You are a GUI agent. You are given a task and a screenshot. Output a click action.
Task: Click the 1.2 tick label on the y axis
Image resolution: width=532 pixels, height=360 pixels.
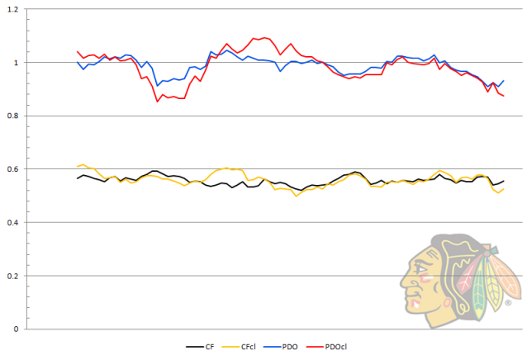coord(17,9)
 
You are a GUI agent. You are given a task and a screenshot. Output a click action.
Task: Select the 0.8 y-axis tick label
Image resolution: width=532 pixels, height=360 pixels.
coord(17,116)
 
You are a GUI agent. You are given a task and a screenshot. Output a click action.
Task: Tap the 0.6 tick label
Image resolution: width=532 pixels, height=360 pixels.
coord(17,169)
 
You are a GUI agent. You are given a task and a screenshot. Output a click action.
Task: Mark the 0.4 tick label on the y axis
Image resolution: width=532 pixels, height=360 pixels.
coord(17,222)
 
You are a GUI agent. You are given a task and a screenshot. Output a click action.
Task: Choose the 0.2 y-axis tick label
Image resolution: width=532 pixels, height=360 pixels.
coord(17,276)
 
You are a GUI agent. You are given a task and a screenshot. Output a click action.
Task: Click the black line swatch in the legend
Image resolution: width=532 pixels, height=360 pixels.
coord(194,348)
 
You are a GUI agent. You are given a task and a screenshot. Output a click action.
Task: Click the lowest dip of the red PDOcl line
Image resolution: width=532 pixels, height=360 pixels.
coord(157,102)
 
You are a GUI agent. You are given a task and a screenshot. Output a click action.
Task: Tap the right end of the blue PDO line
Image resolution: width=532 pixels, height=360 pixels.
coord(504,81)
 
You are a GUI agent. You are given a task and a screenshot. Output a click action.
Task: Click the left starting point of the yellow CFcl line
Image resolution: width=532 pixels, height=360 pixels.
coord(77,167)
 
